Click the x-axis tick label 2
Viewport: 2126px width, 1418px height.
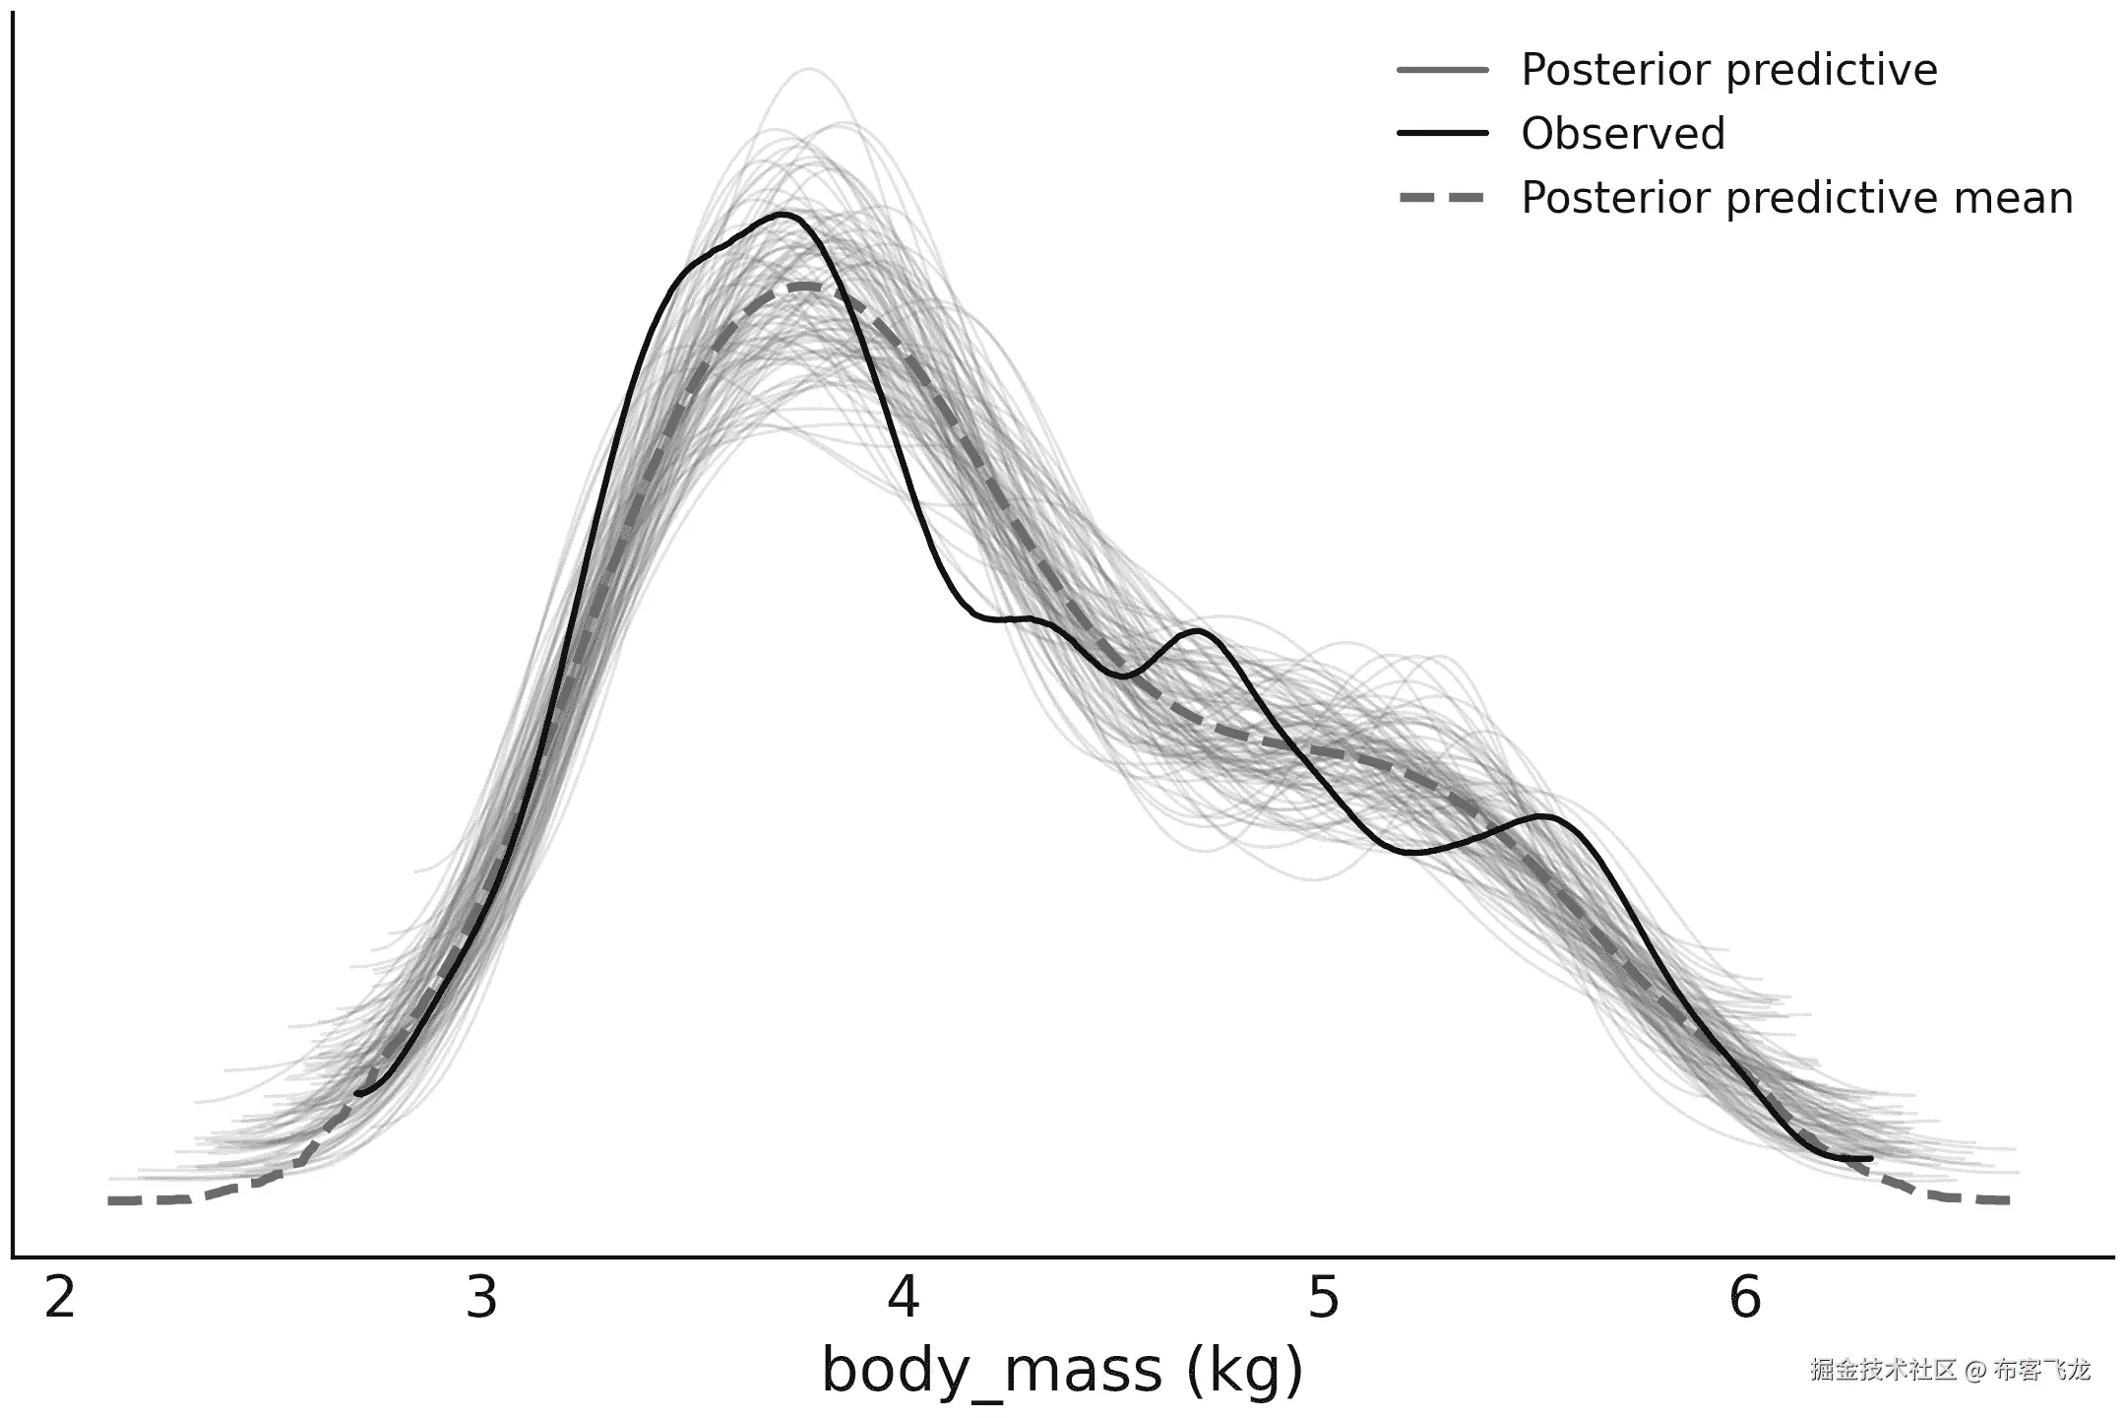pos(60,1299)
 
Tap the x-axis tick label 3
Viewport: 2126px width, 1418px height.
pos(481,1299)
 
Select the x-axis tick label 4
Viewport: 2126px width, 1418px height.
pos(903,1299)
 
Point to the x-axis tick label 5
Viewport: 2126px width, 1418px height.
pos(1324,1299)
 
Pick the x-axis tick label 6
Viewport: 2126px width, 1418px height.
pos(1745,1299)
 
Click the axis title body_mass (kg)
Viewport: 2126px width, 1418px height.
pos(1062,1371)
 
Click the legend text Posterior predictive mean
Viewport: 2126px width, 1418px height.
pos(1797,198)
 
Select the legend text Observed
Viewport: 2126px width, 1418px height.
pos(1623,134)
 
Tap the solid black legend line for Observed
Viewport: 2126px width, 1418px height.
pos(1443,133)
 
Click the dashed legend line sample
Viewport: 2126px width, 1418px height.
pos(1443,198)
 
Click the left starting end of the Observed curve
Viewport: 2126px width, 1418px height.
pos(357,1093)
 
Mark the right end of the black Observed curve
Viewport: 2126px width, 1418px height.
pos(1869,1158)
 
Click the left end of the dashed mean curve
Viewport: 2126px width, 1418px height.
pos(111,1200)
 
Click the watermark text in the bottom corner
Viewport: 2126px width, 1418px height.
pos(1950,1370)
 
